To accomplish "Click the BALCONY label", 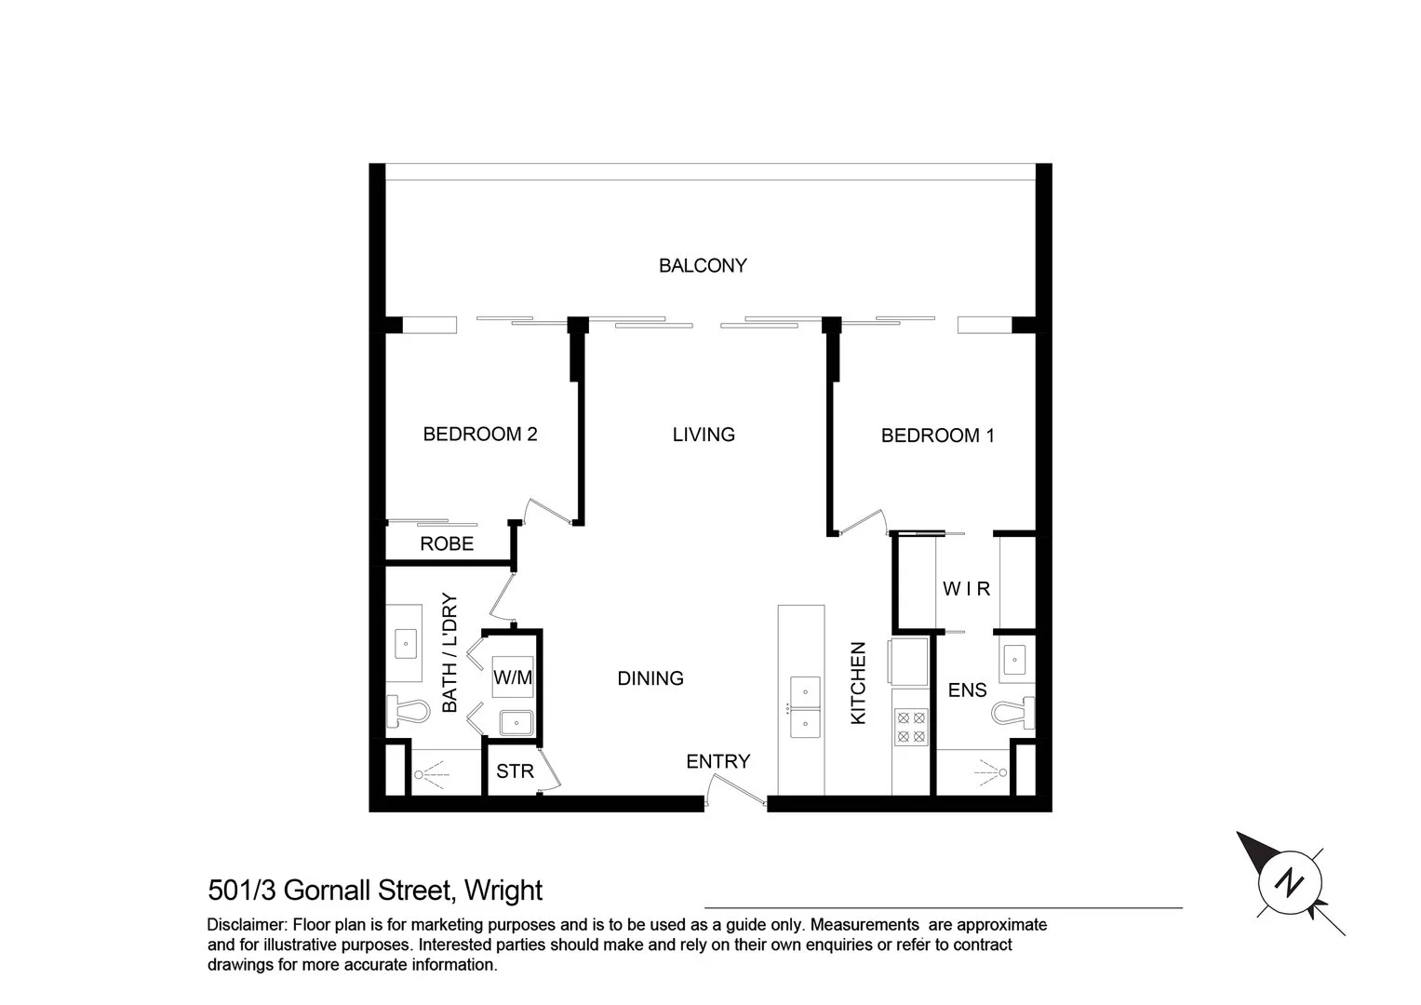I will pos(703,266).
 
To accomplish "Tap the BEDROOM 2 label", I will pos(480,435).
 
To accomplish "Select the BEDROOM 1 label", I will pos(937,435).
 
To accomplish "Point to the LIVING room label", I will pos(704,435).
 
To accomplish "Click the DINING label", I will pos(650,679).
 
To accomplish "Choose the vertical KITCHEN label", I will pos(858,684).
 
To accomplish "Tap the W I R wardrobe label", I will pos(966,589).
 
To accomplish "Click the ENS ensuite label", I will pos(967,690).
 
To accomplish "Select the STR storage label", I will pos(515,771).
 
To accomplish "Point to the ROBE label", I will pos(447,544).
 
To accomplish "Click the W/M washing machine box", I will pos(513,677).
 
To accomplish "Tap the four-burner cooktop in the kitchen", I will pos(910,727).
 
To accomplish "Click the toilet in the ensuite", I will pos(1012,713).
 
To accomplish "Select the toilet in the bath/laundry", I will pos(407,713).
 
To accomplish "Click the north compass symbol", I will pos(1289,881).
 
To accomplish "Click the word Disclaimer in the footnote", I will pos(247,926).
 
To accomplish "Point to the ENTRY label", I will pos(717,762).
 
